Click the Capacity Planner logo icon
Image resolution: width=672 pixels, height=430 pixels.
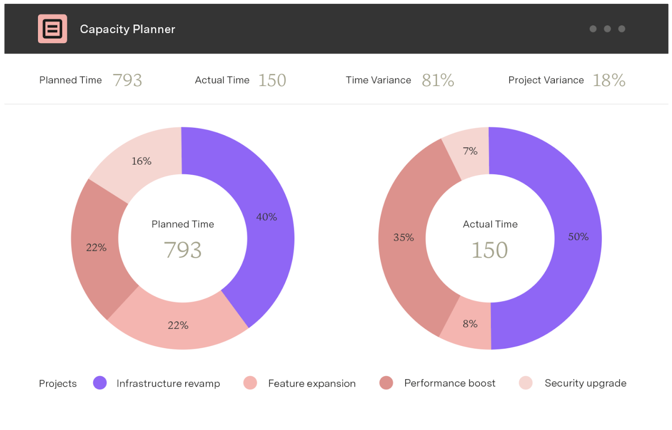pyautogui.click(x=52, y=29)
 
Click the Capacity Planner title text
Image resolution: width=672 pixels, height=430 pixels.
pyautogui.click(x=127, y=29)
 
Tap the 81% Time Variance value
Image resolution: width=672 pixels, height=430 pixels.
pyautogui.click(x=438, y=80)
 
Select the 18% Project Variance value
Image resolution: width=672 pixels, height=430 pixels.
pyautogui.click(x=609, y=80)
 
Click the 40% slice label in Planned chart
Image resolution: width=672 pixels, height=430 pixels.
pyautogui.click(x=266, y=217)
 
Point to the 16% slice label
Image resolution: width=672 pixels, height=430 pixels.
pyautogui.click(x=141, y=161)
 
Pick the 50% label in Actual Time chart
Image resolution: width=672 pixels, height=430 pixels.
pyautogui.click(x=578, y=237)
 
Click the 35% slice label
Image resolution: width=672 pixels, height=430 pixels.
pyautogui.click(x=403, y=238)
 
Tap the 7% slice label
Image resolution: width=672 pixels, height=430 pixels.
pyautogui.click(x=470, y=151)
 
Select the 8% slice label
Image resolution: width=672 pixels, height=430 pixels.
pyautogui.click(x=470, y=324)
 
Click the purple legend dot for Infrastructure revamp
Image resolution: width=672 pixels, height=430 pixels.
pyautogui.click(x=100, y=383)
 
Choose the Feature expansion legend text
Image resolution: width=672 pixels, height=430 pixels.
pyautogui.click(x=312, y=383)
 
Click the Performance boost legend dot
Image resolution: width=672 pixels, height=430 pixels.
pyautogui.click(x=386, y=383)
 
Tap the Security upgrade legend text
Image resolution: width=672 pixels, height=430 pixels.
pyautogui.click(x=585, y=383)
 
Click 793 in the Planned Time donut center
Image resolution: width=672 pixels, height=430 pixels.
pyautogui.click(x=183, y=250)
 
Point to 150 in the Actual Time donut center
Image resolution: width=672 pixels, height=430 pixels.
pyautogui.click(x=490, y=250)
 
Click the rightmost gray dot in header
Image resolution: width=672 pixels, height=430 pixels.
pyautogui.click(x=622, y=29)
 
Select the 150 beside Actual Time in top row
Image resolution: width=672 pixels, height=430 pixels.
pyautogui.click(x=272, y=80)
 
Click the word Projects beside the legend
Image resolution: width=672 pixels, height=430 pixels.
pyautogui.click(x=58, y=383)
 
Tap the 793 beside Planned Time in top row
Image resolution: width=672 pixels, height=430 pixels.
pyautogui.click(x=128, y=80)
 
